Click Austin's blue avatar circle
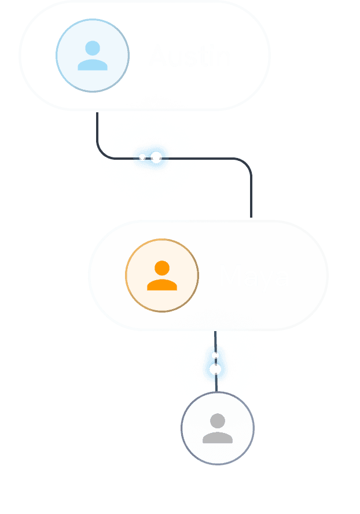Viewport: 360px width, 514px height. point(93,56)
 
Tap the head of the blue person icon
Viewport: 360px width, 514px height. point(93,47)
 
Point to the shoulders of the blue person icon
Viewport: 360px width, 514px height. point(93,65)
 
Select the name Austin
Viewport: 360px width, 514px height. point(190,56)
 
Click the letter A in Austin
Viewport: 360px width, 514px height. point(157,56)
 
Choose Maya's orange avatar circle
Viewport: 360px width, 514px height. point(162,276)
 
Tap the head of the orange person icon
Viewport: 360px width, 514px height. point(162,268)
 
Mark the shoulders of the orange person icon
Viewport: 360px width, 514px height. point(162,284)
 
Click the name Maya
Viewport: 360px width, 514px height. point(254,277)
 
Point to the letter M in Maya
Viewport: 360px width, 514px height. point(229,277)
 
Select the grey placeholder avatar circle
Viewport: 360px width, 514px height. point(218,428)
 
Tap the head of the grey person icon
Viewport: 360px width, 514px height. point(218,421)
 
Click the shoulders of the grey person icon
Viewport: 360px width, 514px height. point(218,438)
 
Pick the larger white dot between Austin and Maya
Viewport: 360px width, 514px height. point(156,157)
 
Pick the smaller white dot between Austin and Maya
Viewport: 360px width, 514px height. point(142,157)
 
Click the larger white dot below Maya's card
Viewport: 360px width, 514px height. point(215,369)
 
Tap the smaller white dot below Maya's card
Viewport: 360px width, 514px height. point(215,355)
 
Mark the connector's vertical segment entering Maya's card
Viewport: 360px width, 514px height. point(251,197)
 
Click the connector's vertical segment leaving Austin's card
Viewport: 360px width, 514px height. point(97,127)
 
